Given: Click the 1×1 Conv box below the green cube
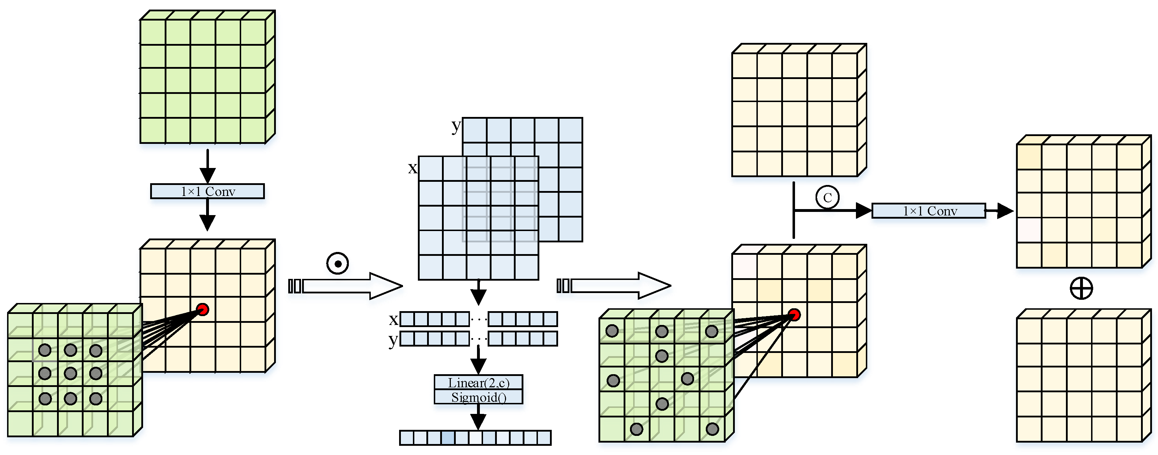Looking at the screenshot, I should click(207, 191).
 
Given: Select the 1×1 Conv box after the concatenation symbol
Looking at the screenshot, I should click(929, 210).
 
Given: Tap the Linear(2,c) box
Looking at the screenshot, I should click(478, 383).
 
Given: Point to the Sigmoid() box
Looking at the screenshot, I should click(478, 397).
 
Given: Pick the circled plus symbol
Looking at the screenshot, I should click(1081, 288).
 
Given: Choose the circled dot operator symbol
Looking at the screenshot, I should click(337, 263).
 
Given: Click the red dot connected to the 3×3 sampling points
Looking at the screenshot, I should click(203, 309).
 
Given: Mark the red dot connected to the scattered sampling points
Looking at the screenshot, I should click(794, 315).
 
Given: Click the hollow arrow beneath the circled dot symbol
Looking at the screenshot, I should click(346, 286).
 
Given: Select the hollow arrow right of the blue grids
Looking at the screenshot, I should click(614, 285).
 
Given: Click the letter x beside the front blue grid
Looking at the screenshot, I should click(412, 168).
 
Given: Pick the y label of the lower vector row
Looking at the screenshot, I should click(393, 340).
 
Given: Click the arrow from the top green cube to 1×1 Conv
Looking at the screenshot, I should click(207, 167).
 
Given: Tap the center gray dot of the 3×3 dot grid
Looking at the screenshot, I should click(70, 373).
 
